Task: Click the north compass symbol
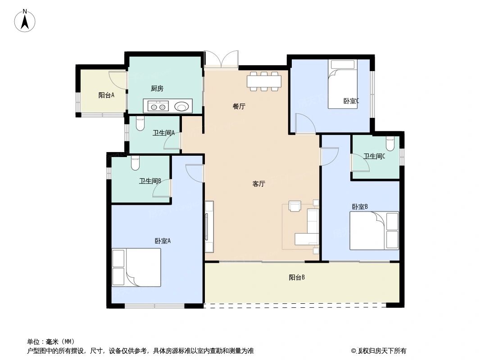(25, 21)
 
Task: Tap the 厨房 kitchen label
(157, 89)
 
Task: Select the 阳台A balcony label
(106, 95)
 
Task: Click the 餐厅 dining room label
(239, 107)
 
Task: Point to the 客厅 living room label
(258, 184)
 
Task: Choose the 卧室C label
(351, 101)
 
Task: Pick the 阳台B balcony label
(297, 278)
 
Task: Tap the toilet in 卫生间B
(136, 163)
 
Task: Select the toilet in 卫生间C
(390, 143)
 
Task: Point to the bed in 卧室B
(374, 231)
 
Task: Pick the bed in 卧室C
(342, 84)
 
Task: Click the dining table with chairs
(264, 81)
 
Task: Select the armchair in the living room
(295, 206)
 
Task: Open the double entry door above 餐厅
(221, 59)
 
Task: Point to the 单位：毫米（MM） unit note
(51, 341)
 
